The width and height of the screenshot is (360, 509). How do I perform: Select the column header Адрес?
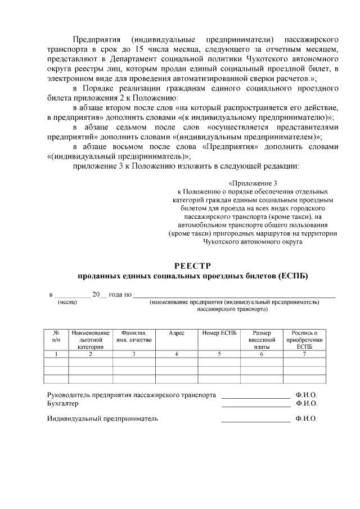[177, 334]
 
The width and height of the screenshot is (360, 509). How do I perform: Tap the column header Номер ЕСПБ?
[219, 334]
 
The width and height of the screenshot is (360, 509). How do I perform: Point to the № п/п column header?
[56, 337]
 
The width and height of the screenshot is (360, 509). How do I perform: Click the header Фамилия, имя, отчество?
[134, 337]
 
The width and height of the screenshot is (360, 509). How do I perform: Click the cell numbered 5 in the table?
[219, 354]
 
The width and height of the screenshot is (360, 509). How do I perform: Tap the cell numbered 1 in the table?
[56, 354]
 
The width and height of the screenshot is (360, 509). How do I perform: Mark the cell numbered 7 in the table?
[304, 354]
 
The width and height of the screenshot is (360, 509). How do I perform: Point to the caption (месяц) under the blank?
[67, 302]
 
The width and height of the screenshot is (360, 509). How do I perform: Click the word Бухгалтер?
[62, 403]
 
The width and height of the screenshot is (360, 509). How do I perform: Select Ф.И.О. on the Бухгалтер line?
[306, 403]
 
